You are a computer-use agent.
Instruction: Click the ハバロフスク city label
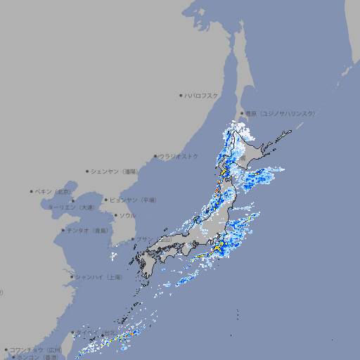[x=202, y=95]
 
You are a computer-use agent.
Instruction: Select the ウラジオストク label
[x=179, y=156]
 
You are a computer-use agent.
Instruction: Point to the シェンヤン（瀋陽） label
[x=115, y=171]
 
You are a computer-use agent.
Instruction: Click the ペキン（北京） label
[x=53, y=191]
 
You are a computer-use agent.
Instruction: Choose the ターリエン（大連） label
[x=70, y=207]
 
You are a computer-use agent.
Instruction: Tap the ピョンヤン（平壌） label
[x=133, y=200]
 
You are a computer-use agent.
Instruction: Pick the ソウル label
[x=127, y=215]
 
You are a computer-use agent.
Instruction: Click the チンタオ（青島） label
[x=87, y=230]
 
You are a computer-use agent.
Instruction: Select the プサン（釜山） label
[x=153, y=240]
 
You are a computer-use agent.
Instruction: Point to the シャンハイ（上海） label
[x=98, y=277]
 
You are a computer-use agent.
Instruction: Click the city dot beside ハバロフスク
[x=181, y=95]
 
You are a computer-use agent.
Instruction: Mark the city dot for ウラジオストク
[x=155, y=156]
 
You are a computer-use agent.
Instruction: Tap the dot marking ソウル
[x=115, y=215]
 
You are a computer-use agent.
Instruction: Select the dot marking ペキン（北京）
[x=32, y=191]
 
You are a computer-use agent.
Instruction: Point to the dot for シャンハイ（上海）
[x=72, y=277]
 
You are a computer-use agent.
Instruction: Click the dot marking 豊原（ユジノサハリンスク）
[x=242, y=113]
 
